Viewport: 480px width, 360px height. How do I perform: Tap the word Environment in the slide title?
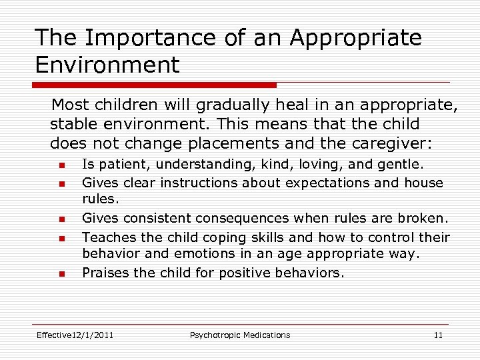(x=107, y=65)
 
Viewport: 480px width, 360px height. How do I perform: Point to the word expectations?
(x=327, y=182)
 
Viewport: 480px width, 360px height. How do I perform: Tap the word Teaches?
(x=106, y=237)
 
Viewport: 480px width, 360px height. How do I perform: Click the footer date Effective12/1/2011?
(x=75, y=335)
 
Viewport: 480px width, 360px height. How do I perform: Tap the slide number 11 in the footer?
(x=438, y=335)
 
